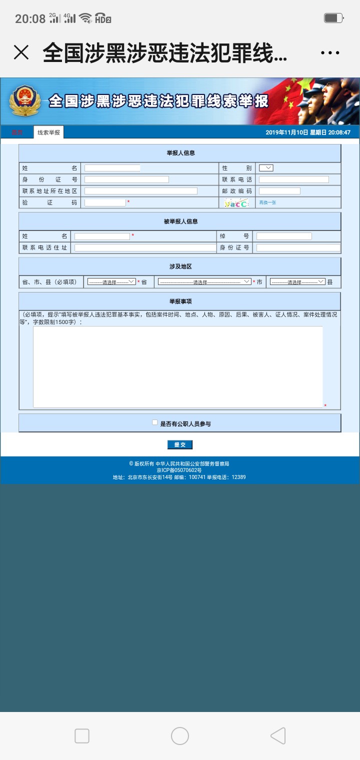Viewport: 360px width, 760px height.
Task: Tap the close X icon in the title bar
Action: point(21,52)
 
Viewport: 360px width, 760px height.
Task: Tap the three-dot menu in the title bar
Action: point(330,52)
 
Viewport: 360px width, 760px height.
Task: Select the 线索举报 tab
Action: point(48,132)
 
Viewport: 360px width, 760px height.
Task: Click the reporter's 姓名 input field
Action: point(112,168)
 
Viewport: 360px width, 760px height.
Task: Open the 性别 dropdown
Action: point(266,168)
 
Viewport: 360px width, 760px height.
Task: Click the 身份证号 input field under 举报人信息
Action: point(126,179)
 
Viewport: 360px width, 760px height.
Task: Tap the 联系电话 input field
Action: point(293,179)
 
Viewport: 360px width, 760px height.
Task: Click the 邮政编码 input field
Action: point(279,191)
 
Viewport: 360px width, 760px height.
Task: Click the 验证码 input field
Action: point(105,202)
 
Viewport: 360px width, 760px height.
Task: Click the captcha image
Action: point(236,203)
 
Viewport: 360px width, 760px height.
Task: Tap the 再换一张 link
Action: point(267,202)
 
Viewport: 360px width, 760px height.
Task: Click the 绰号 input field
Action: point(284,236)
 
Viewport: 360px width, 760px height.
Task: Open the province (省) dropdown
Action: point(111,282)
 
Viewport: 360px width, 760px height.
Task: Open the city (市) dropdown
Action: point(204,282)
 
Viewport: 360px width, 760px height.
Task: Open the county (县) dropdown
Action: point(297,282)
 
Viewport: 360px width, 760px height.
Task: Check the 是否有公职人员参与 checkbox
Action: point(155,422)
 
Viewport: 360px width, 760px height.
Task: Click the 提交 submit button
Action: point(179,444)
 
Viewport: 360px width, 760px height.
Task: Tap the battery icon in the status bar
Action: point(332,18)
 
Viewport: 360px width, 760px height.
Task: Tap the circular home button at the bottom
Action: point(180,736)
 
